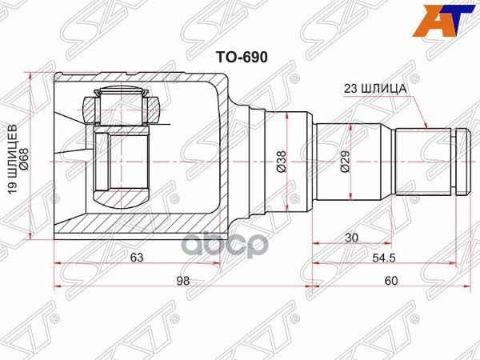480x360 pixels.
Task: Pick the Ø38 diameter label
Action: point(281,162)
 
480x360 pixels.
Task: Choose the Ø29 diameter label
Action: point(345,163)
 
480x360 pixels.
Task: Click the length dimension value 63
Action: point(137,258)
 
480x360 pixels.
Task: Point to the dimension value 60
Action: point(390,280)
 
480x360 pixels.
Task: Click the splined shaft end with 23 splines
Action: point(423,162)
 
